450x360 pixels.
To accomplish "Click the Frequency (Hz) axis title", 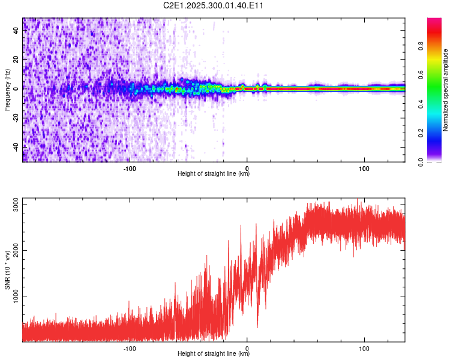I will pyautogui.click(x=8, y=89).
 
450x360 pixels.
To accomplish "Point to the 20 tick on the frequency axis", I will pyautogui.click(x=16, y=59).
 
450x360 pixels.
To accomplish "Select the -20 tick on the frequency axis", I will pyautogui.click(x=16, y=118).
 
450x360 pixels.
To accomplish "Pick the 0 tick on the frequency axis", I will pyautogui.click(x=16, y=89).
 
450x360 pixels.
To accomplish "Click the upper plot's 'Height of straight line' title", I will pyautogui.click(x=214, y=173).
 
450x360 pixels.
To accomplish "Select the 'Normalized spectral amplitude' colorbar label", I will pyautogui.click(x=446, y=90).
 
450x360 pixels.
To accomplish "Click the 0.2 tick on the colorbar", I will pyautogui.click(x=437, y=133).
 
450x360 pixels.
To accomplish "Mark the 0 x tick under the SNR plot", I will pyautogui.click(x=247, y=347).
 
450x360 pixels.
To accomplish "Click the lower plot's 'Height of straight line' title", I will pyautogui.click(x=214, y=353).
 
